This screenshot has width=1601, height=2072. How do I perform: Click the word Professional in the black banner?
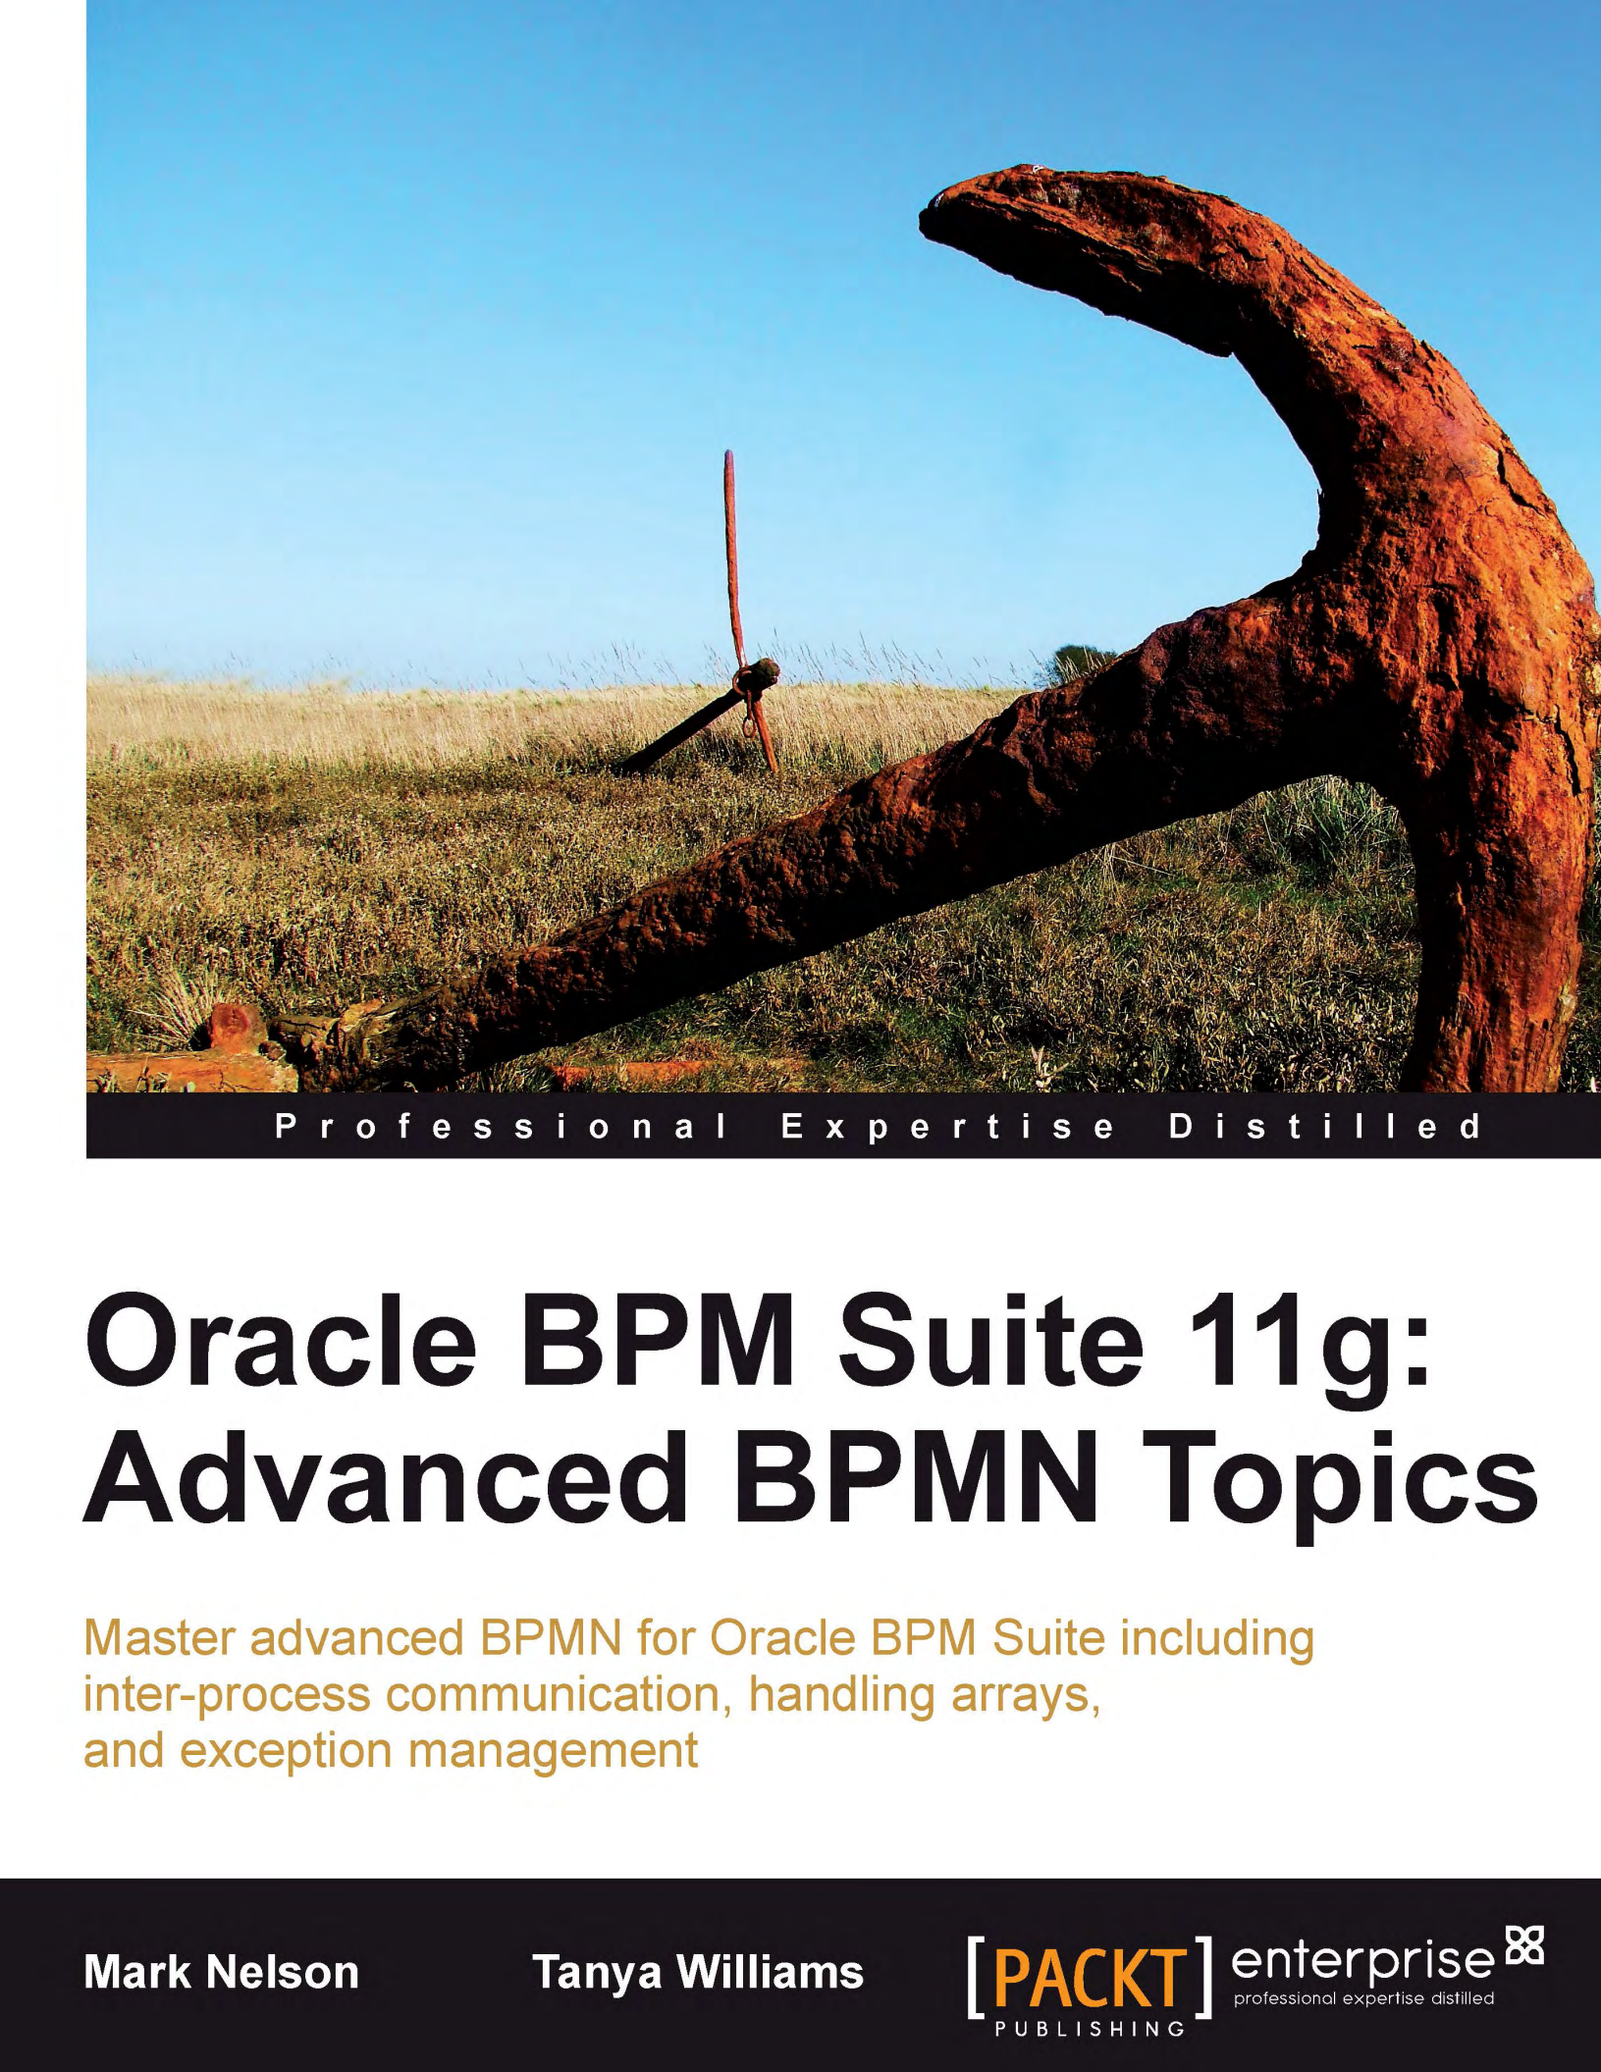(x=501, y=1126)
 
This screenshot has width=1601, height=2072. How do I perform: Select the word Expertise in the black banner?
(x=947, y=1126)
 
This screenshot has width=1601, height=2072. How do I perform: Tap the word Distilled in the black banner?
(x=1325, y=1126)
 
